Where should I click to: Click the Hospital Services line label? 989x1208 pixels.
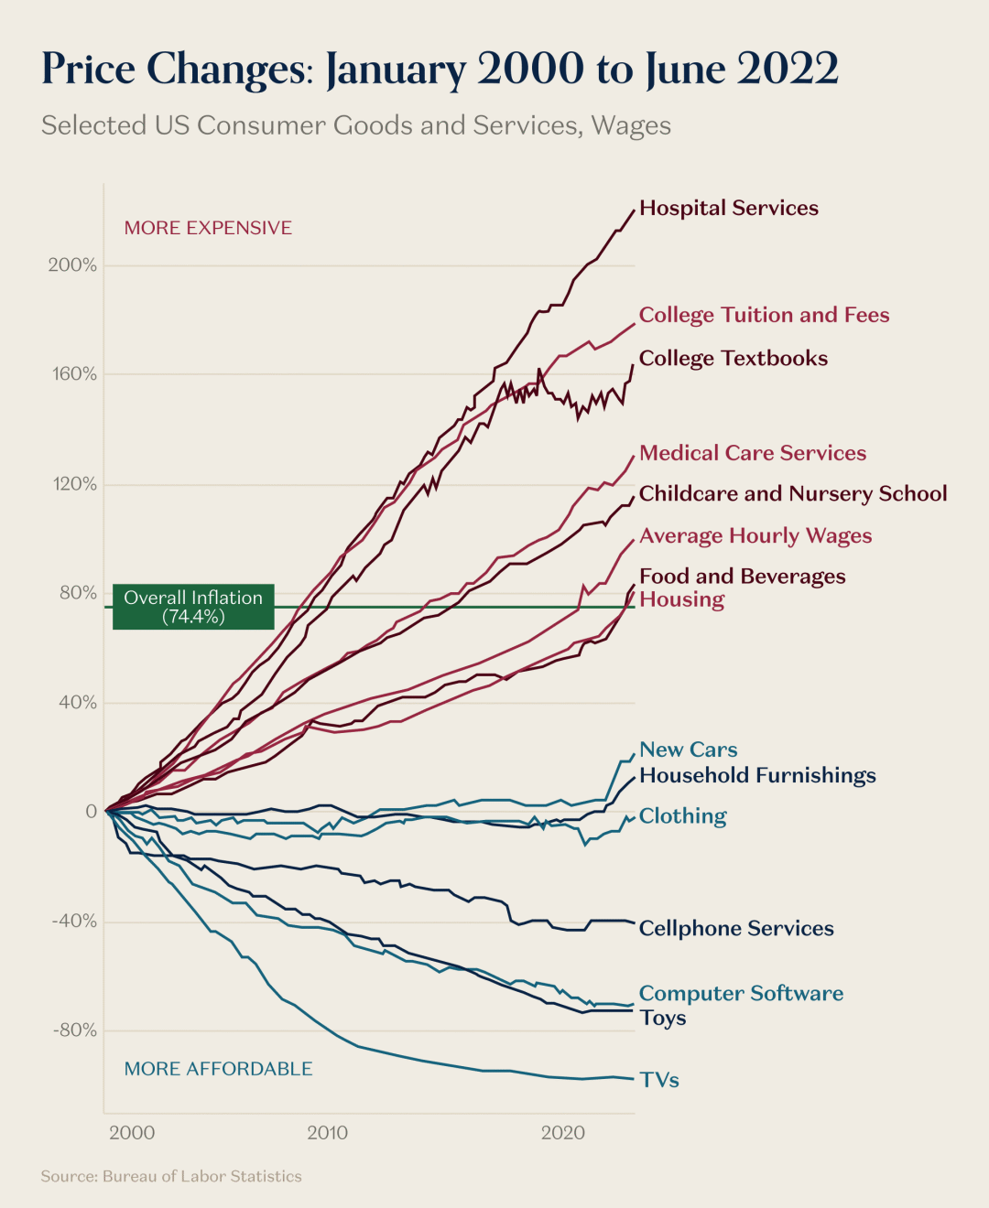point(728,208)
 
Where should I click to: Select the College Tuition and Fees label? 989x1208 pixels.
point(764,315)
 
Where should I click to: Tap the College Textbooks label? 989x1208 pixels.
point(733,358)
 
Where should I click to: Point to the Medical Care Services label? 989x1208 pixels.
point(752,453)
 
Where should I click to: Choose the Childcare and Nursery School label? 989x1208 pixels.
point(792,493)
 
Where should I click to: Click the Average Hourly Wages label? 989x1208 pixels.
point(755,535)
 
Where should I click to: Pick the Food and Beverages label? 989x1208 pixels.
point(742,576)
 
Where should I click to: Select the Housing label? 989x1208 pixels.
point(681,599)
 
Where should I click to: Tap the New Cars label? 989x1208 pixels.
point(688,750)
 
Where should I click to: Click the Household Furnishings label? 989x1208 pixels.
point(757,775)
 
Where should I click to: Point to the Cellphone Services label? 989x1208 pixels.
point(736,928)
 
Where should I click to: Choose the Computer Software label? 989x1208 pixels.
point(741,993)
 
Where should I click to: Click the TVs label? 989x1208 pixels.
point(659,1080)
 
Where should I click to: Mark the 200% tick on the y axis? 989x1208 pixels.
point(72,265)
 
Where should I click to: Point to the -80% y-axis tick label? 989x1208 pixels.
point(74,1030)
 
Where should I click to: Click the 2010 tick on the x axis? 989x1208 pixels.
point(327,1133)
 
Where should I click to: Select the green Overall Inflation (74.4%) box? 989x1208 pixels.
point(193,607)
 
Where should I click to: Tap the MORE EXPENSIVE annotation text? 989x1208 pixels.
point(208,228)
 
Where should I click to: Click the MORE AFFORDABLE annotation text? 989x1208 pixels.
point(218,1069)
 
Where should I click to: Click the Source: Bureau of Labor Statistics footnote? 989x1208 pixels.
point(171,1176)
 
